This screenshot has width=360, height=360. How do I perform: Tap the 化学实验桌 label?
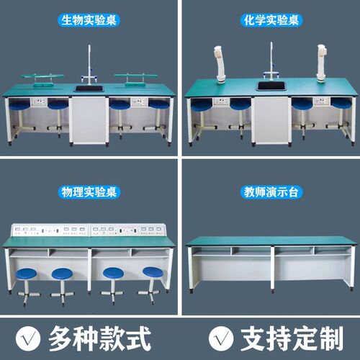270,21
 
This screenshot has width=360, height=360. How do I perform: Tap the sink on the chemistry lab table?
271,87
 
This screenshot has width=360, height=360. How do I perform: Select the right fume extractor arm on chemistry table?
322,61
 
